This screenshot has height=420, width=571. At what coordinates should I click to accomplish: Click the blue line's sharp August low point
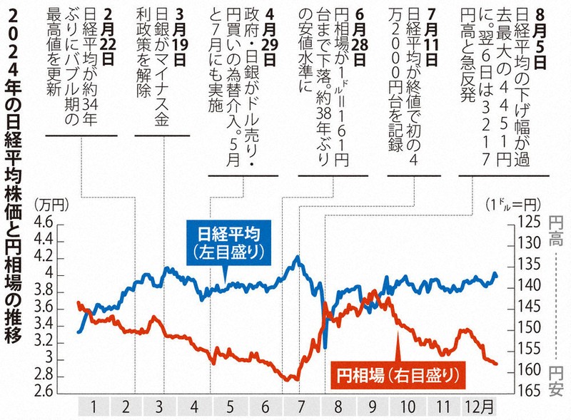(x=325, y=347)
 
